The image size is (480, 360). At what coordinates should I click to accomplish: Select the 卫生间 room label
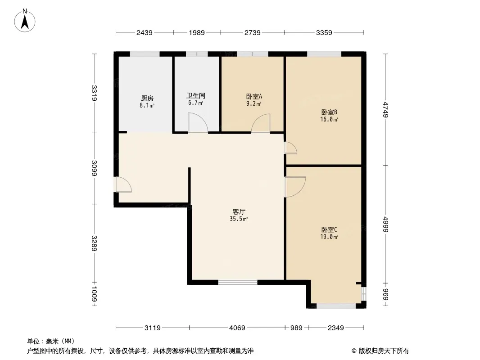[x=196, y=96]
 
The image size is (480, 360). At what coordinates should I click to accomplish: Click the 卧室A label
[x=254, y=96]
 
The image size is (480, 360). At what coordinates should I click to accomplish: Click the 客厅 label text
[x=239, y=211]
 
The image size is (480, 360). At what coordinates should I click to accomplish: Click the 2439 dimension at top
[x=145, y=32]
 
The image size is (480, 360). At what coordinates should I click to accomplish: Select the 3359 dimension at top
[x=324, y=32]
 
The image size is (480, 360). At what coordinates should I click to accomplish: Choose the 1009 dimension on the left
[x=94, y=294]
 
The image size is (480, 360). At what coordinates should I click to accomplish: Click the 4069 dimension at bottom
[x=237, y=328]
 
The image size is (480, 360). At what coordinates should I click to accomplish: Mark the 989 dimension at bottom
[x=296, y=328]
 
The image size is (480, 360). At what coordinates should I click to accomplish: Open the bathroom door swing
[x=197, y=123]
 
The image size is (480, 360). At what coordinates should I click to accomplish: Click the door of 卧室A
[x=261, y=124]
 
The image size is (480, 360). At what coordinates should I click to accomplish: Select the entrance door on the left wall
[x=123, y=185]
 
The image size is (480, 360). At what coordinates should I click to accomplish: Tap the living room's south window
[x=238, y=283]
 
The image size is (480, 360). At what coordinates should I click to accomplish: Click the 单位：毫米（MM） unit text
[x=51, y=341]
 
